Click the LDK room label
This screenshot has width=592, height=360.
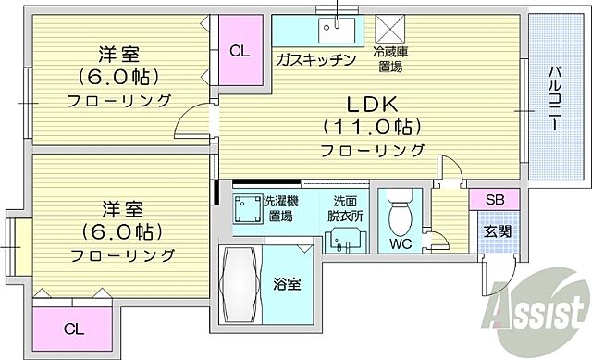click(x=371, y=104)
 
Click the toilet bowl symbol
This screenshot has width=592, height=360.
click(x=400, y=216)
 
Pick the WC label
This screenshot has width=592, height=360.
click(x=401, y=245)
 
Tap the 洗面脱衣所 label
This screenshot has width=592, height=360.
click(x=347, y=208)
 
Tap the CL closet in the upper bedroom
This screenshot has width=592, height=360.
click(x=240, y=52)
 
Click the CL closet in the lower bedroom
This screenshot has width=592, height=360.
click(x=70, y=328)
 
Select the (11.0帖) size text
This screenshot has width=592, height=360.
click(x=371, y=126)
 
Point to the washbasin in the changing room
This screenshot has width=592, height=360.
click(x=343, y=243)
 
